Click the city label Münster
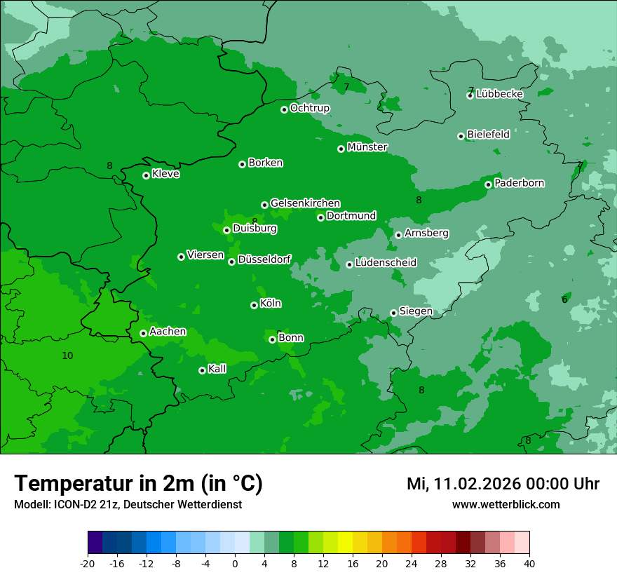coord(367,147)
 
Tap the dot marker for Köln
coord(254,305)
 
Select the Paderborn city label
coord(519,183)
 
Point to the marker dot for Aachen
coord(143,333)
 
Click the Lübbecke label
coord(499,94)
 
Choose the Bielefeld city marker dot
coord(461,136)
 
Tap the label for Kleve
coord(165,174)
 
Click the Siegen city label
coord(416,311)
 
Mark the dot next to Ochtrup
coord(284,109)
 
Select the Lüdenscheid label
coord(386,263)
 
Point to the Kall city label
coord(217,369)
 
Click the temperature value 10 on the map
coord(67,356)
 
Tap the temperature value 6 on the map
coord(564,300)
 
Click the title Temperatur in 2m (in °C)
coord(138,484)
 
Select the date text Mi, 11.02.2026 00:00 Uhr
coord(503,484)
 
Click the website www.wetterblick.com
coord(506,504)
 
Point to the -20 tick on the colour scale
coord(88,563)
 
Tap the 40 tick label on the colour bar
coord(529,563)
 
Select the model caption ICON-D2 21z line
coord(128,504)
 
